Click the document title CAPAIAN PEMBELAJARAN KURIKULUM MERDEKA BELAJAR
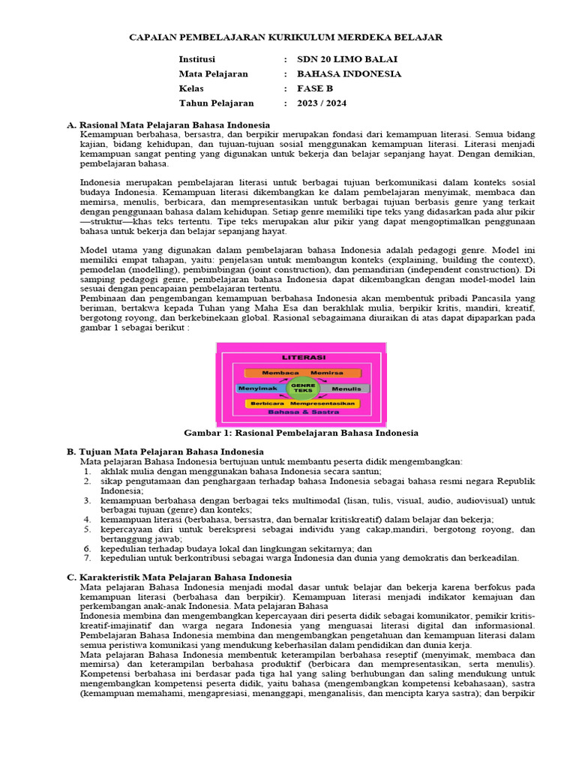286,37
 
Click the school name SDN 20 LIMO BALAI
347,59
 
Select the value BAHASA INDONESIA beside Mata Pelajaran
349,74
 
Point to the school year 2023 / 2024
322,103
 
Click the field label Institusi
196,59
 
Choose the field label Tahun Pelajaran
216,103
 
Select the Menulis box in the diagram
346,389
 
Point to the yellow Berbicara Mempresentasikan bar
302,403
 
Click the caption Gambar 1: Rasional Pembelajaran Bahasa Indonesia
301,433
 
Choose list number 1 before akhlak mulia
87,471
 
